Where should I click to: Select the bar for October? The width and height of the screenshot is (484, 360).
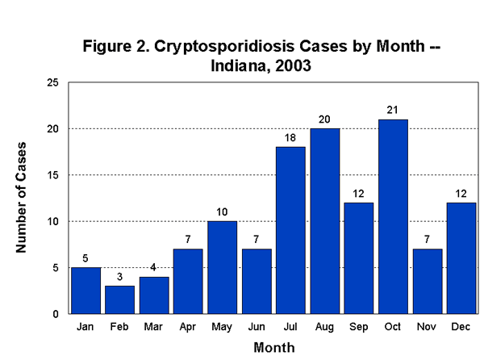(x=393, y=216)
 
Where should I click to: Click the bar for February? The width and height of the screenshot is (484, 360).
(x=119, y=299)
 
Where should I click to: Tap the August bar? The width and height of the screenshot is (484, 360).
(x=324, y=221)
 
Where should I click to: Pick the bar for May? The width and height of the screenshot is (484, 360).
(x=222, y=267)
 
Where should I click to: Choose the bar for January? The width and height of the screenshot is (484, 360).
(x=86, y=291)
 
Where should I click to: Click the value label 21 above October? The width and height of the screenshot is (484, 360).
(x=393, y=111)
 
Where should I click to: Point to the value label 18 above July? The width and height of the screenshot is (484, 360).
(x=290, y=138)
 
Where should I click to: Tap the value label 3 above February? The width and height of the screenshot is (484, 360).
(x=119, y=277)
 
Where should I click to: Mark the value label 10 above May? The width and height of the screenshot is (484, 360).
(x=222, y=212)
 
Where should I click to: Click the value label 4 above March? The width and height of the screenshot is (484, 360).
(x=154, y=268)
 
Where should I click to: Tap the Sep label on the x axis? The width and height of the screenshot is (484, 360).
(x=358, y=328)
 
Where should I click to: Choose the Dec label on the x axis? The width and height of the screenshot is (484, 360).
(x=461, y=328)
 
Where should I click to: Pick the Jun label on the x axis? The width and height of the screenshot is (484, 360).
(x=256, y=328)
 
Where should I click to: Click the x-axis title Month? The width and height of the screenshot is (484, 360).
(x=273, y=347)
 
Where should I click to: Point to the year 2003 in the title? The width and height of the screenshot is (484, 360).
(x=292, y=65)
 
